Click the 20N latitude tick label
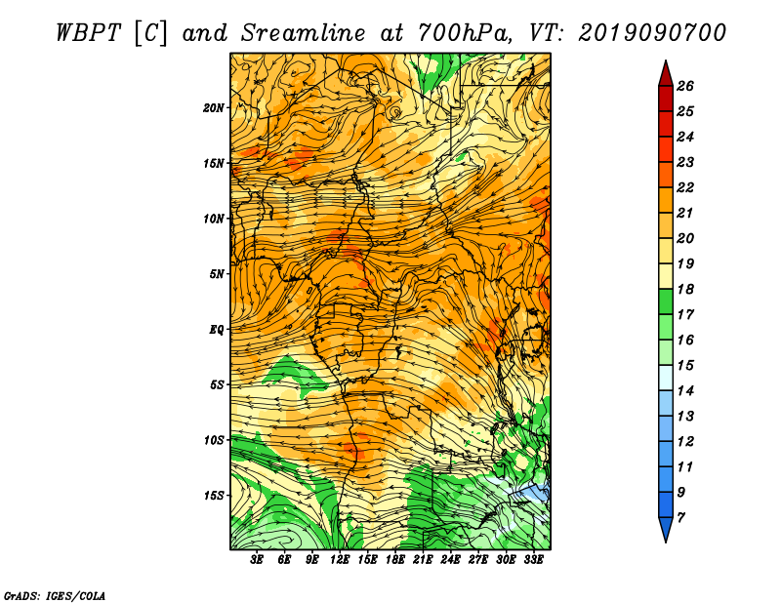click(214, 107)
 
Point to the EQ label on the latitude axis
click(217, 329)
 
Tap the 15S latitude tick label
click(214, 496)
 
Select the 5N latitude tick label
click(217, 274)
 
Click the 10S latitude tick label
click(214, 440)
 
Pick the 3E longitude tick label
click(257, 560)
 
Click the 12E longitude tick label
click(339, 560)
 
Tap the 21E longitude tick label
click(423, 560)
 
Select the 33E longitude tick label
click(533, 560)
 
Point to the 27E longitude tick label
click(478, 560)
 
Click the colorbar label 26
click(685, 86)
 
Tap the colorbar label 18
click(685, 289)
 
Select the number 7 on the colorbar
click(680, 518)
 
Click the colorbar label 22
click(685, 187)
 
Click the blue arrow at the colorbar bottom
click(666, 529)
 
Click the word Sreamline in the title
click(304, 33)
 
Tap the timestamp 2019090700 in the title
click(652, 33)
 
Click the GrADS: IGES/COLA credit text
click(55, 596)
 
